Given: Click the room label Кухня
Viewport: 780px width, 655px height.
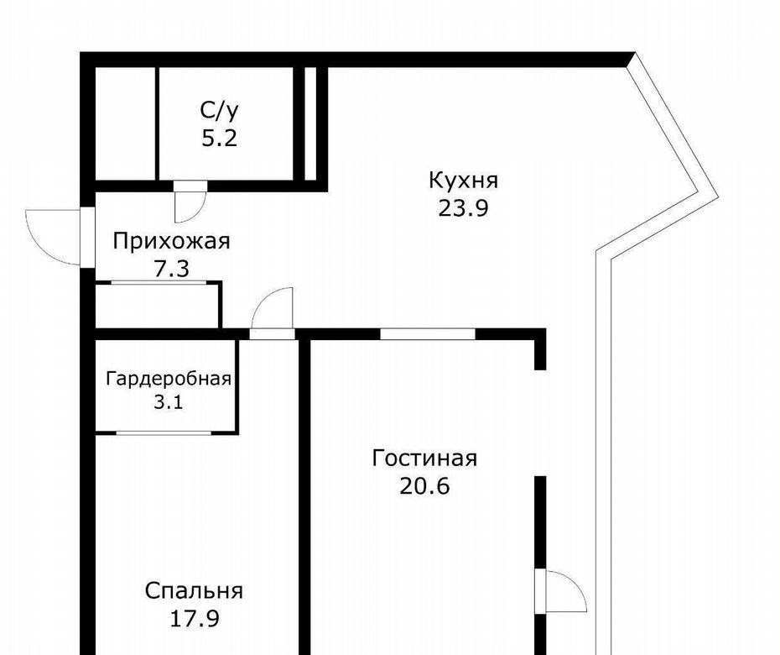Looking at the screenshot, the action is point(463,181).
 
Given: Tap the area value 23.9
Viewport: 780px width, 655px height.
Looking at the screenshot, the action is point(463,208).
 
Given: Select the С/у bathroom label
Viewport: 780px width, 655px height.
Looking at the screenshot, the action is point(220,111).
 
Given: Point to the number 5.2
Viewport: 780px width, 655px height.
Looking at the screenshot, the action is point(220,138).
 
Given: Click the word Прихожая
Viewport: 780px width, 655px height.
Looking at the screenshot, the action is point(172,242).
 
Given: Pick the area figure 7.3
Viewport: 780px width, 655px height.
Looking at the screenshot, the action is point(172,269).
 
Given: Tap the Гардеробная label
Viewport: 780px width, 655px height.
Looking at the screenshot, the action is point(169,379).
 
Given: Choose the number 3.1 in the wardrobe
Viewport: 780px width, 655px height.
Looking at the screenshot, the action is point(168,401).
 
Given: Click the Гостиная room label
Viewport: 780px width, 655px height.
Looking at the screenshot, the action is point(424,458).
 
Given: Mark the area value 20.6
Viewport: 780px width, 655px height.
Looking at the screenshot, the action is point(424,485).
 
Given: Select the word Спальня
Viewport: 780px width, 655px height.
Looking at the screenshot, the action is point(194,591).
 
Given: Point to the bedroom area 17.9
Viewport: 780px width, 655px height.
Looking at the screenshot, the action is point(195,619).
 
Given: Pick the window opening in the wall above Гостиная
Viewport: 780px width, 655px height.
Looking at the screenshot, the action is point(428,333).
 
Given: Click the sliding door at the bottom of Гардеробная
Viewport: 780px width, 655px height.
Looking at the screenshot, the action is point(164,432).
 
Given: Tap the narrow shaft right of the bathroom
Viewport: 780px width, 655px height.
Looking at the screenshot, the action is point(310,123).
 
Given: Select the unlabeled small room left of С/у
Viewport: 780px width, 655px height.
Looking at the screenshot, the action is point(125,123).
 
